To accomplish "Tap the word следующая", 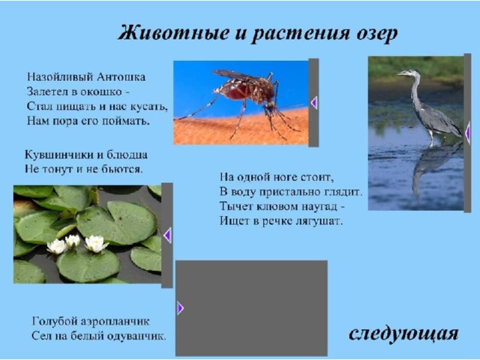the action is pos(403,334).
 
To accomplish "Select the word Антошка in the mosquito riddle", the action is pos(121,76).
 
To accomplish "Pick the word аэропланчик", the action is pos(115,322).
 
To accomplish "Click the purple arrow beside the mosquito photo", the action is pos(313,103).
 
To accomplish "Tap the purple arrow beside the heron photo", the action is pos(467,133).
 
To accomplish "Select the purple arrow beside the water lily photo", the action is pos(167,235).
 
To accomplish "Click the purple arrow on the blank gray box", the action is pos(180,308).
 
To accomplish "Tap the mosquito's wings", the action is pos(235,75).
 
